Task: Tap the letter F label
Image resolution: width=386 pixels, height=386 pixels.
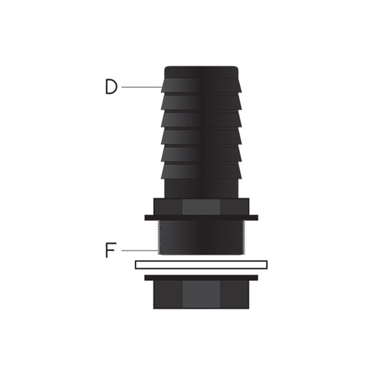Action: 110,250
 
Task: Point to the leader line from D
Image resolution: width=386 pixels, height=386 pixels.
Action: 141,87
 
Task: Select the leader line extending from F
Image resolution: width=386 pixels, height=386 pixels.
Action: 139,250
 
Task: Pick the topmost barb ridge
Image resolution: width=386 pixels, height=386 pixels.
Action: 201,85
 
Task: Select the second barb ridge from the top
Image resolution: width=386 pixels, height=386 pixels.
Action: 201,102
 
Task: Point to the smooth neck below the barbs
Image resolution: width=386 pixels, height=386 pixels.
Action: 201,188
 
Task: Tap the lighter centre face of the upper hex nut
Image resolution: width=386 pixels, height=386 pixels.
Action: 201,207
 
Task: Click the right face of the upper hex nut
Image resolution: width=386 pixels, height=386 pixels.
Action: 235,207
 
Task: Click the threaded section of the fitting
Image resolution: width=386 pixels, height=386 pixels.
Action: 201,237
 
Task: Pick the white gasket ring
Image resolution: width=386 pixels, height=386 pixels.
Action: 201,265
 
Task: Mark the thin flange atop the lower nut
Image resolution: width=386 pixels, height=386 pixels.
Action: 201,278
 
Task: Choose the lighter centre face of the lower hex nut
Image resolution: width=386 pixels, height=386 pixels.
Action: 201,294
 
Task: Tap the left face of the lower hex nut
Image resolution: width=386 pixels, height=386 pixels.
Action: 168,294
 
